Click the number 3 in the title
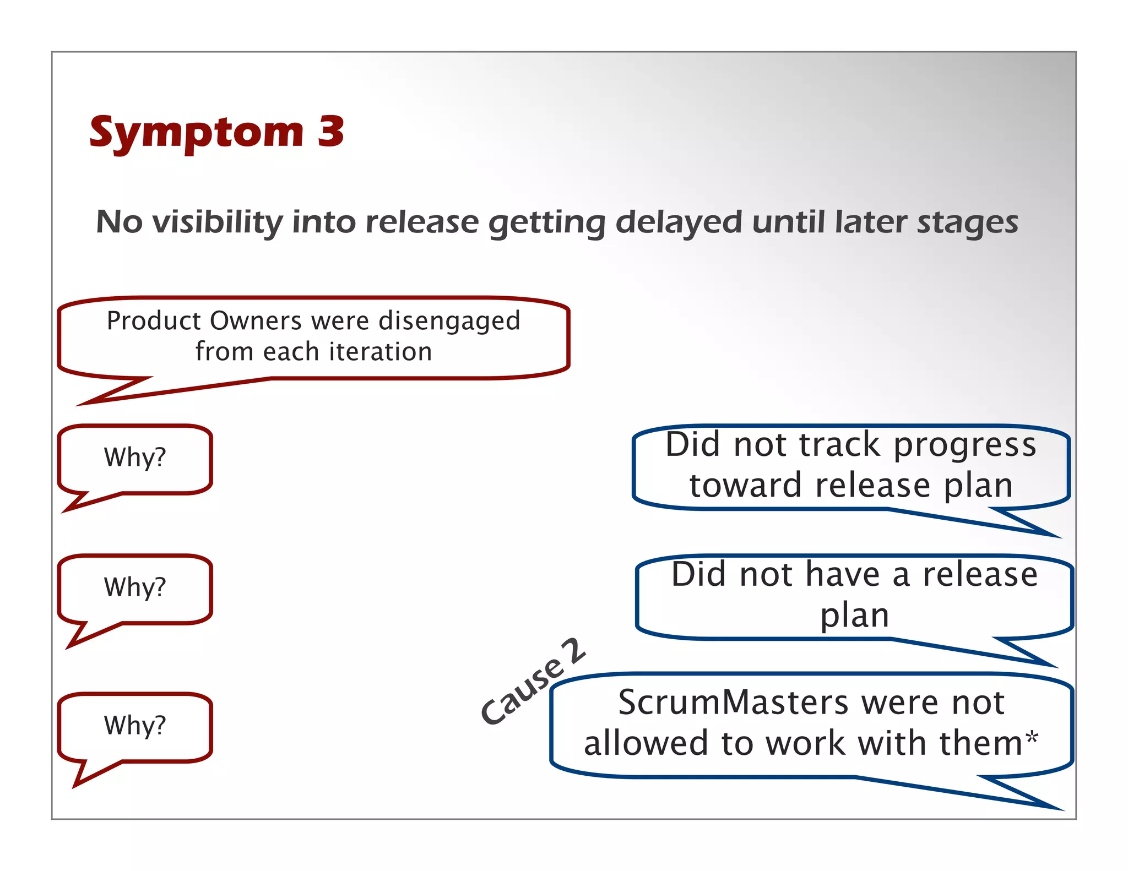coord(330,132)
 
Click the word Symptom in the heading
coord(197,134)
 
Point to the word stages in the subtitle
coord(967,222)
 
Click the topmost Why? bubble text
coord(135,458)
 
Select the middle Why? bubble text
coord(135,587)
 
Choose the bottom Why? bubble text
coord(135,726)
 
